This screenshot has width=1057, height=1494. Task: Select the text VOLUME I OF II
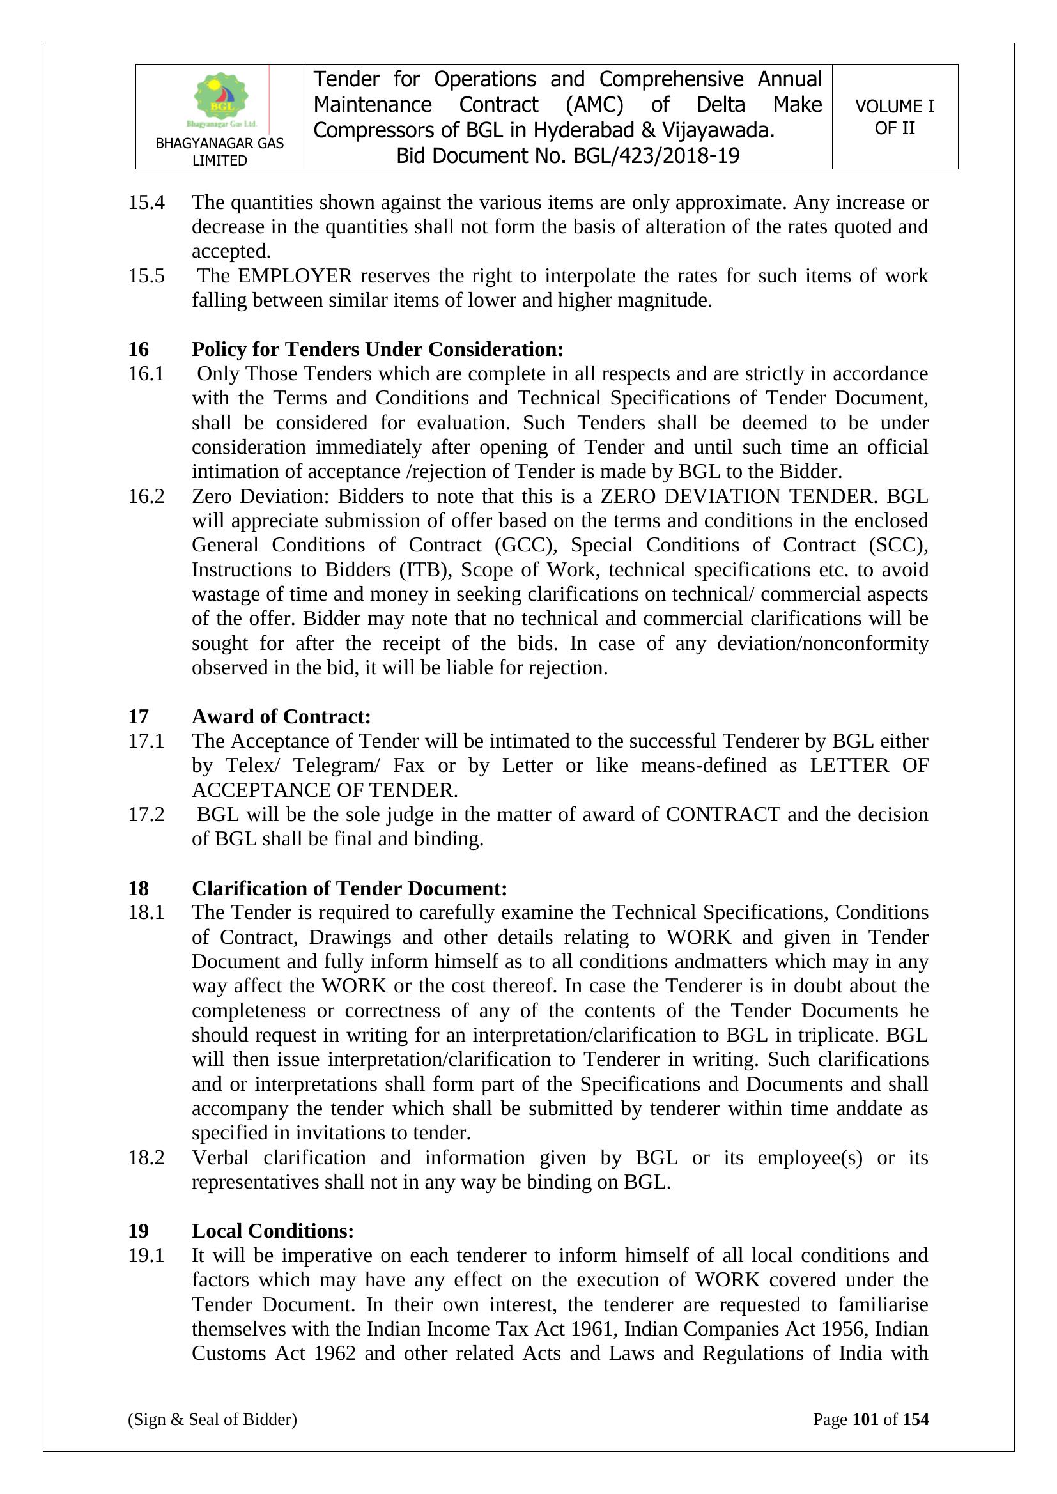coord(894,117)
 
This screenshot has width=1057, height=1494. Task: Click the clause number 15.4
coord(146,203)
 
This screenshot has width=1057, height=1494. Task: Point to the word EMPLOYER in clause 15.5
coord(294,276)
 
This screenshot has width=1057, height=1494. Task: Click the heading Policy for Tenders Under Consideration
coord(377,350)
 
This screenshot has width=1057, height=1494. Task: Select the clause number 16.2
coord(146,497)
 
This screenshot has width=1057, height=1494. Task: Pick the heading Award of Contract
coord(281,716)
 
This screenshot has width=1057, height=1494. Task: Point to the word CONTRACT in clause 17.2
coord(723,815)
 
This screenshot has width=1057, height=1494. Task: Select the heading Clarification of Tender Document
coord(349,888)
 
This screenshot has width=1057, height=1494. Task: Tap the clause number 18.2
coord(146,1158)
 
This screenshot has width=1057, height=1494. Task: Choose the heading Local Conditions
coord(272,1231)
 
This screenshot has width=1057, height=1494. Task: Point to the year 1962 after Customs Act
coord(334,1353)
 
